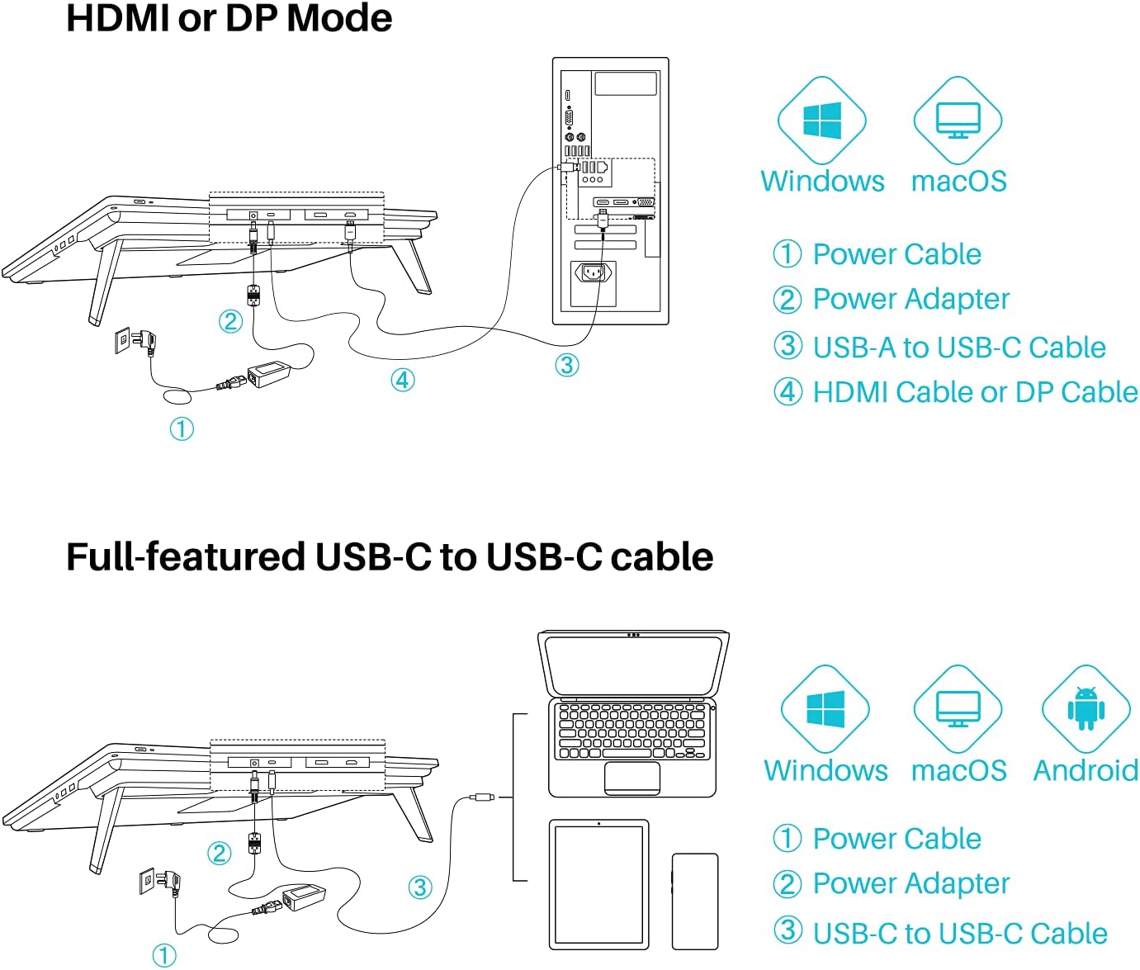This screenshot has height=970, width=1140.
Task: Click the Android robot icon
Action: [x=1086, y=707]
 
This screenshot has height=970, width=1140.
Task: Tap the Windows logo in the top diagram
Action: [x=822, y=121]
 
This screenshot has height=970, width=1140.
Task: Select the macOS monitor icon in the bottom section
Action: [x=958, y=708]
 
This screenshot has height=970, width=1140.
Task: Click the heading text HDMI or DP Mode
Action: [x=229, y=18]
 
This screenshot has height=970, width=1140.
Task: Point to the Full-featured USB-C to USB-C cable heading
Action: [x=389, y=557]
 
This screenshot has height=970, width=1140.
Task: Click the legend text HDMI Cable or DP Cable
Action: [x=975, y=392]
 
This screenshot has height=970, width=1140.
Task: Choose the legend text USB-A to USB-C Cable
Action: [x=958, y=348]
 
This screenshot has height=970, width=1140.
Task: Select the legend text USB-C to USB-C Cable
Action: [x=959, y=933]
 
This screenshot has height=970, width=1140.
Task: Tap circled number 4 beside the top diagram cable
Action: [x=402, y=380]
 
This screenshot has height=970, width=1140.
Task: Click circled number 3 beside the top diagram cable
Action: [x=566, y=365]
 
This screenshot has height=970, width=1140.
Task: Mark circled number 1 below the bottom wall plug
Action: [x=164, y=955]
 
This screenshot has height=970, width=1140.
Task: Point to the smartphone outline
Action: [x=695, y=901]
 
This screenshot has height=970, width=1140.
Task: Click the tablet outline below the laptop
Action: [x=598, y=884]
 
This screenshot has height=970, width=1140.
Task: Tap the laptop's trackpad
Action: [x=632, y=778]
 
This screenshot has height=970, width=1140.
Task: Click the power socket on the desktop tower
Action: [x=594, y=272]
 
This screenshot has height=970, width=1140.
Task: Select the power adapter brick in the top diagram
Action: [x=270, y=373]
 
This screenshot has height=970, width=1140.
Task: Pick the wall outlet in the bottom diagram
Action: [x=148, y=880]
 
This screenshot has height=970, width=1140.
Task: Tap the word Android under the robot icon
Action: [x=1086, y=770]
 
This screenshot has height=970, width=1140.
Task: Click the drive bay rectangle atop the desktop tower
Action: [x=626, y=83]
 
